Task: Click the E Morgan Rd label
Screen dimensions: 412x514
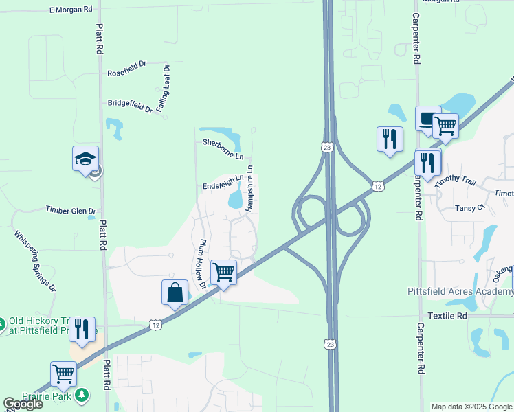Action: [x=71, y=10]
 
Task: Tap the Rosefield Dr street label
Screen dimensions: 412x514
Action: [x=127, y=73]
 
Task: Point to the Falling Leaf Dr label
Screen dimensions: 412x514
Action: [x=163, y=88]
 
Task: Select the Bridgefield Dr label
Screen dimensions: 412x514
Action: [x=130, y=105]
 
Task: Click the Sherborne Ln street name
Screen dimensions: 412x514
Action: [x=223, y=149]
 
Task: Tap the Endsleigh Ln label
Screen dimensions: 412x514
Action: [x=223, y=183]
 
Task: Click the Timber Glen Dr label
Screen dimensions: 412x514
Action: [x=70, y=210]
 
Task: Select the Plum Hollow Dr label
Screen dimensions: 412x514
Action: [x=200, y=263]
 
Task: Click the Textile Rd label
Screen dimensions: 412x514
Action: [x=447, y=315]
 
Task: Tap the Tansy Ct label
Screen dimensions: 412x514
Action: [x=471, y=207]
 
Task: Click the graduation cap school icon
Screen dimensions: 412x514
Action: [x=86, y=159]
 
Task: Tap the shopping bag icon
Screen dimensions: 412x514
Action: [x=175, y=292]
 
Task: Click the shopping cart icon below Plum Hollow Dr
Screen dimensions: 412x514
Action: [x=223, y=272]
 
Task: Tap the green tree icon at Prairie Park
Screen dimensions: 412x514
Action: [x=82, y=394]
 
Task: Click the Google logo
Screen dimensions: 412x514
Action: [x=23, y=404]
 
